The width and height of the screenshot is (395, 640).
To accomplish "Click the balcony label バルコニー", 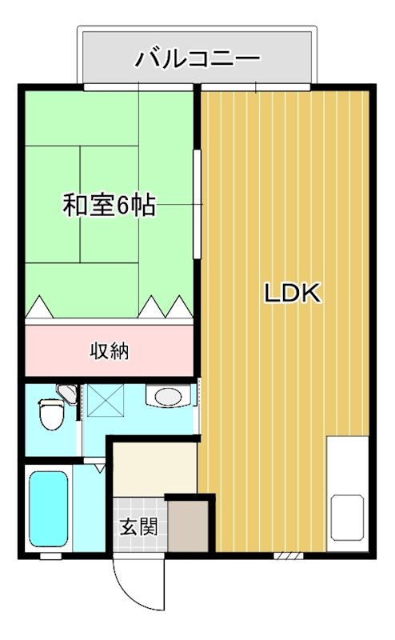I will tap(197, 58).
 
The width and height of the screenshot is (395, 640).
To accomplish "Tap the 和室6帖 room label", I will tap(109, 206).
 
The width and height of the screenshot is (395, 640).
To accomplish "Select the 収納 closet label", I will tap(110, 350).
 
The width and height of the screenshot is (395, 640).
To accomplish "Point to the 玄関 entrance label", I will tap(138, 527).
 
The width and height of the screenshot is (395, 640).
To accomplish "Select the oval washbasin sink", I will tap(167, 396).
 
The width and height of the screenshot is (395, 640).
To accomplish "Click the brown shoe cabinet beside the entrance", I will tap(187, 526).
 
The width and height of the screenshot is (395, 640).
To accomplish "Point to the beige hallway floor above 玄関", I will tap(155, 467).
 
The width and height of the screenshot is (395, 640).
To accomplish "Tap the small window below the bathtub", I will tap(50, 554).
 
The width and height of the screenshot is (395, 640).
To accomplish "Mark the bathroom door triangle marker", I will tap(98, 467).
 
